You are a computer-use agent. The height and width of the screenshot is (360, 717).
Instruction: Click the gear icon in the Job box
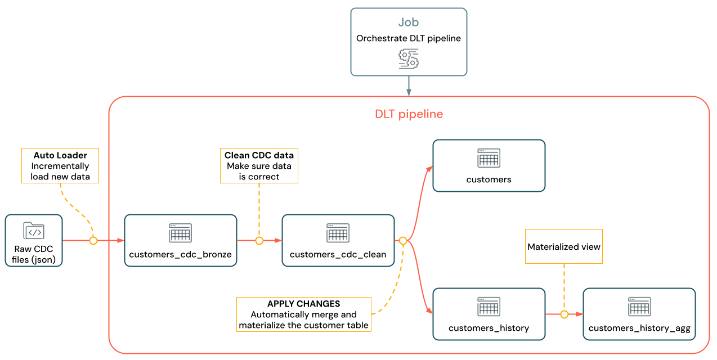coord(409,58)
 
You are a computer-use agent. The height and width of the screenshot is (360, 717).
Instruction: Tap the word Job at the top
coord(409,22)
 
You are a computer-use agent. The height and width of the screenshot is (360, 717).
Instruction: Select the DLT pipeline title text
coord(409,114)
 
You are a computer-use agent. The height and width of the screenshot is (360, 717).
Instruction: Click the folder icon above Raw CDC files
coord(34,231)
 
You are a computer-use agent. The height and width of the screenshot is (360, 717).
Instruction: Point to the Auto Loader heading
coord(60,155)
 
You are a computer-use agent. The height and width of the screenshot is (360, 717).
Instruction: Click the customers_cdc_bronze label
coord(180,254)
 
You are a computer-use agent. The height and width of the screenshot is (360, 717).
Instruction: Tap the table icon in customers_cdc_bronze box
coord(180,233)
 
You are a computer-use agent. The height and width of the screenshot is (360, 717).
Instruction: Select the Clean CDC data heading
coord(259,155)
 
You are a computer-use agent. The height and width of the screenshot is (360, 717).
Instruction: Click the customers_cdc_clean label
coord(338,254)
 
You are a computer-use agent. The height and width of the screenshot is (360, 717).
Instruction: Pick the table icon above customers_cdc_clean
coord(338,233)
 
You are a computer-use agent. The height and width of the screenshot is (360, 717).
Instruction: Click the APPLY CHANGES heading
coord(303,304)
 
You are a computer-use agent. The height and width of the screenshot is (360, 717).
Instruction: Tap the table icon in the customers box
coord(489,158)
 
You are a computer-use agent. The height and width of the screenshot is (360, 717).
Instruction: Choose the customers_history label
coord(489,328)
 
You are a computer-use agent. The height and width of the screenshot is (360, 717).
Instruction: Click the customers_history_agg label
coord(639,328)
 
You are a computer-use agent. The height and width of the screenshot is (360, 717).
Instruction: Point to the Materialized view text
coord(564,247)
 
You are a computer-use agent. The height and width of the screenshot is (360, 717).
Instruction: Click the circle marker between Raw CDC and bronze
coord(93,241)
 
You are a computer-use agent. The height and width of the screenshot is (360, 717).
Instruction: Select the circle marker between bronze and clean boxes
coord(259,241)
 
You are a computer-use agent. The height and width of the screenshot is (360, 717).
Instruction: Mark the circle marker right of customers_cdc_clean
coord(403,241)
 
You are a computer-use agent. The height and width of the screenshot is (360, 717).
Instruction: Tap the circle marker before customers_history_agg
coord(564,314)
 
